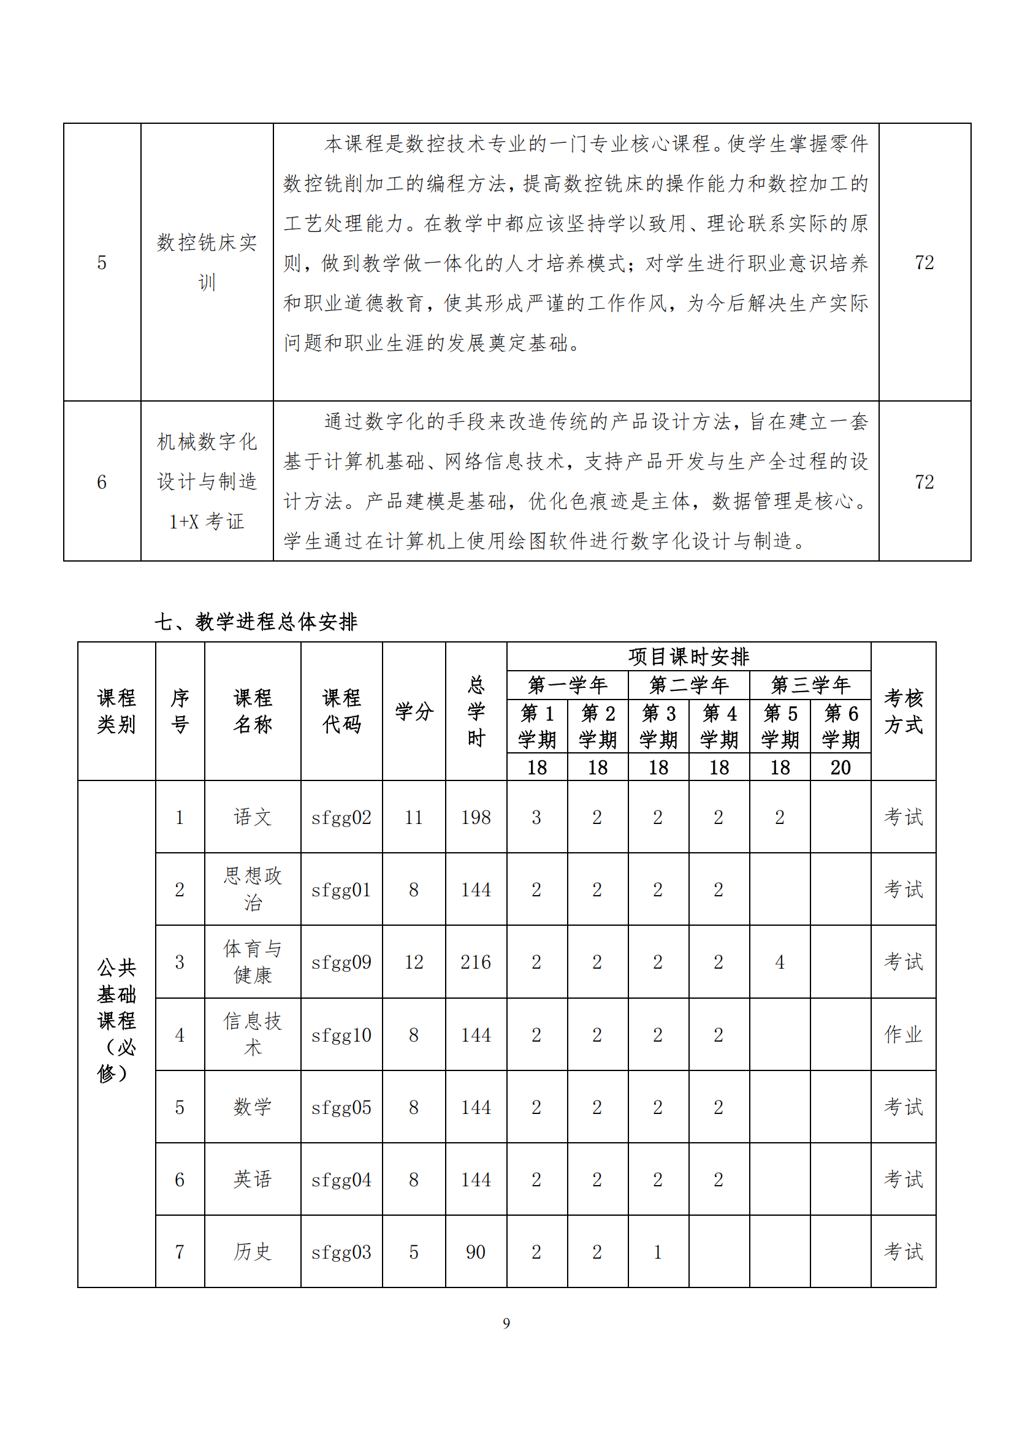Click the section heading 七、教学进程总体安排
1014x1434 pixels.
click(x=256, y=622)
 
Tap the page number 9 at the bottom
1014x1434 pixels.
click(x=506, y=1323)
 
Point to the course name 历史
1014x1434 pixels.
click(x=252, y=1252)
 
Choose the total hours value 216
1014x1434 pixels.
click(x=476, y=962)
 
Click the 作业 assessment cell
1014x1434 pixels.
click(x=903, y=1034)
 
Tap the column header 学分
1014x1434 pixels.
click(x=414, y=711)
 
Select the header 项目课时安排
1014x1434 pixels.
click(x=688, y=657)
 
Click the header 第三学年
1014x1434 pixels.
click(x=810, y=685)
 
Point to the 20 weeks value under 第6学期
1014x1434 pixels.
click(x=841, y=767)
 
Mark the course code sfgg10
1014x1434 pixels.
click(x=341, y=1035)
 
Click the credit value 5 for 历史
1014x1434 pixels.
click(x=413, y=1252)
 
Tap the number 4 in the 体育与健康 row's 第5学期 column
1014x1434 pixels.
click(x=780, y=962)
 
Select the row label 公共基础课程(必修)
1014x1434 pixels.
click(x=116, y=1021)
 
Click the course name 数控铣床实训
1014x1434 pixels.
click(x=207, y=262)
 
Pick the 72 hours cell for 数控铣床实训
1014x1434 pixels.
click(x=924, y=262)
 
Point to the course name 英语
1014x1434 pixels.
click(x=252, y=1179)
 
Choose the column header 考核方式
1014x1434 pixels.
click(x=903, y=711)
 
